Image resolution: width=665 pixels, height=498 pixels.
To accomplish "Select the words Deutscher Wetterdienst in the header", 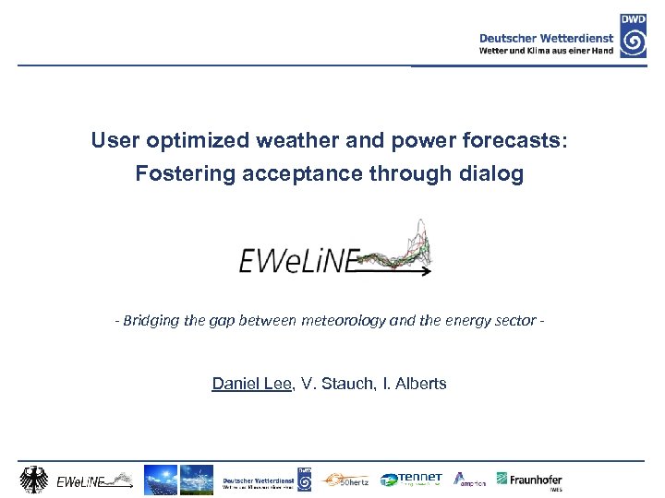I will [547, 38].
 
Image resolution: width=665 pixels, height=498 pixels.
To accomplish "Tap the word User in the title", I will [112, 141].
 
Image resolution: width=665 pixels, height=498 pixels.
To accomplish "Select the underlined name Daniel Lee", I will [251, 383].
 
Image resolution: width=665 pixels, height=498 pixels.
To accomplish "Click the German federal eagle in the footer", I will [35, 480].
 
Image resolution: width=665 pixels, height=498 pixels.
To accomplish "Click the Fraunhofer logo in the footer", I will [530, 480].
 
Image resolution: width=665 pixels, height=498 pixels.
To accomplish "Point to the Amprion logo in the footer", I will [470, 480].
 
